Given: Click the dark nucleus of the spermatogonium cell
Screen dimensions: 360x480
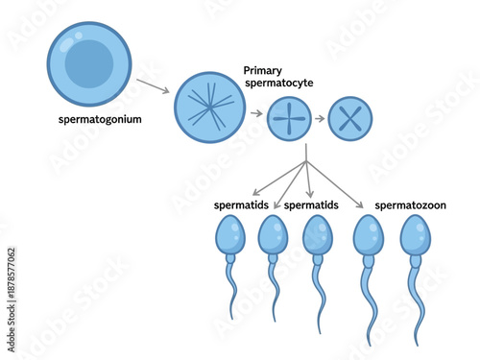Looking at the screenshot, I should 88,63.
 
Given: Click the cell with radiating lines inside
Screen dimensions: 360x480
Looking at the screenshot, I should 210,108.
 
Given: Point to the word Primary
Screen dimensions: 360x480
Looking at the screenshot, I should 264,70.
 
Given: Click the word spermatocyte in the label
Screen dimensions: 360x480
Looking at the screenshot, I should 280,84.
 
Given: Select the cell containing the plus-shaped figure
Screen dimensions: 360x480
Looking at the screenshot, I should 289,119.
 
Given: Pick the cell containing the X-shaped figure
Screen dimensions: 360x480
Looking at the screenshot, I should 349,120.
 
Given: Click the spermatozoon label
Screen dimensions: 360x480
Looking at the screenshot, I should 410,205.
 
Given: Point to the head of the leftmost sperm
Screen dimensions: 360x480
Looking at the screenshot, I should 229,234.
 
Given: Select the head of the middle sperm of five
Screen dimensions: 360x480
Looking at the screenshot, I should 317,234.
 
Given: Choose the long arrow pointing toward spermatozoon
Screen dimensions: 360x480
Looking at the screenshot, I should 335,182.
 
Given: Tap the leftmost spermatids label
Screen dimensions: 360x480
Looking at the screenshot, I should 241,205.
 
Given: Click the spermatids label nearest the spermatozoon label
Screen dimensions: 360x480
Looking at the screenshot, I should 312,205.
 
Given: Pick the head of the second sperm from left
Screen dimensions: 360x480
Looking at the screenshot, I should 272,234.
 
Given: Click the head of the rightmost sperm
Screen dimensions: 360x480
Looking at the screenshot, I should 415,234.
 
